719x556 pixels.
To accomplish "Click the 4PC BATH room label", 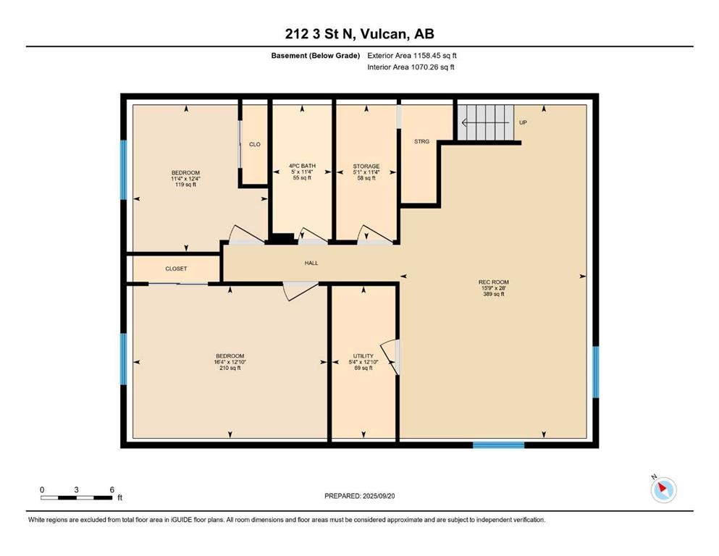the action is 302,172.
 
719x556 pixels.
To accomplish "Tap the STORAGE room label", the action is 366,172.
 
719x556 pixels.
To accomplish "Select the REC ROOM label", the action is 494,288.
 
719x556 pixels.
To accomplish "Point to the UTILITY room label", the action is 363,362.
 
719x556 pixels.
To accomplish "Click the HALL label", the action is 311,263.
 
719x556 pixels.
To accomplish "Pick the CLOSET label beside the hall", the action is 176,269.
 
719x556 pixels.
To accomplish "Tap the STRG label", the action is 422,142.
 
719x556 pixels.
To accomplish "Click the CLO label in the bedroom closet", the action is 255,144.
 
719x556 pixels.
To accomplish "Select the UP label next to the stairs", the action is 523,123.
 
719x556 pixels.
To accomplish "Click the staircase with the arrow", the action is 486,122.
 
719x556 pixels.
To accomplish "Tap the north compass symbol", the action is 663,489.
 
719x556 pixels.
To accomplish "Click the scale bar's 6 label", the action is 112,489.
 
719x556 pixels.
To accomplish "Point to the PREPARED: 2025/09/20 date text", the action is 359,496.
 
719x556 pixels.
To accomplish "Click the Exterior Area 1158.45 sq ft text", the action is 412,56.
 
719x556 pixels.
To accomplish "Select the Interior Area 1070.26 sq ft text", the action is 411,67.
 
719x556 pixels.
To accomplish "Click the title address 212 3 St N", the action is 319,34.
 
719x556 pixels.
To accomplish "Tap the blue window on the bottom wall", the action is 498,445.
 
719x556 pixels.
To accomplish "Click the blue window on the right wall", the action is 596,371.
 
